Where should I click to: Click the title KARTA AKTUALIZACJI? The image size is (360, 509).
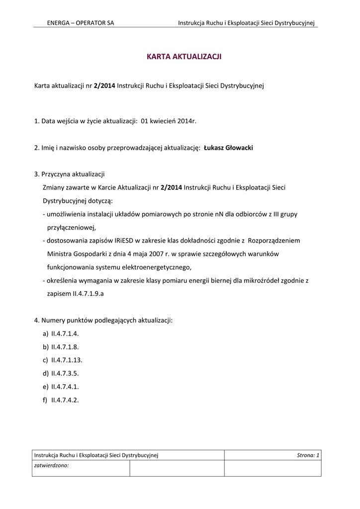coord(183,57)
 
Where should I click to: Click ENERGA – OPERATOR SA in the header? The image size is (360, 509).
coord(80,23)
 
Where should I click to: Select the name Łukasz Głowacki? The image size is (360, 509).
coord(229,148)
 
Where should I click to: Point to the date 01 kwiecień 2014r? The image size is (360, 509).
coord(169,121)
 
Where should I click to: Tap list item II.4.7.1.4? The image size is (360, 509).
coord(65,334)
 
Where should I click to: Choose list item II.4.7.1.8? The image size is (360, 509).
coord(65,347)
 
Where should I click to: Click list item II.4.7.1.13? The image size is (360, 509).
coord(67,360)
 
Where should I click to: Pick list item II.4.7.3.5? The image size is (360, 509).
coord(65,373)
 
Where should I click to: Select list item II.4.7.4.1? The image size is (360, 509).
coord(65,386)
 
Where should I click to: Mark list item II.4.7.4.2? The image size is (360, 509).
coord(65,399)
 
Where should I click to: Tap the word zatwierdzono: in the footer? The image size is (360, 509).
coord(51,466)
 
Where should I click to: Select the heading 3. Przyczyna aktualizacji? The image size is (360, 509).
coord(70,174)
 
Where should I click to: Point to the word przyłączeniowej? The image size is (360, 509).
coord(71,227)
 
